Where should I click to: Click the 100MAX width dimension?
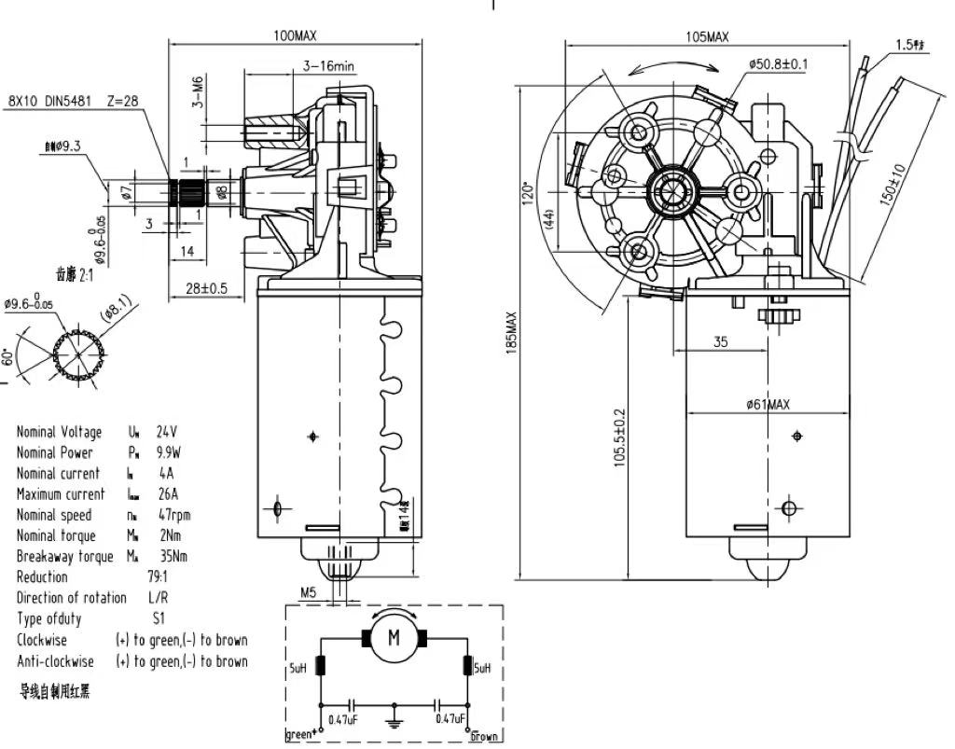tap(295, 35)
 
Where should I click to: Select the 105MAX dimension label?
tap(706, 37)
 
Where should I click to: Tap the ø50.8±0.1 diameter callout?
tap(778, 64)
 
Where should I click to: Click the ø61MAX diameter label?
tap(768, 405)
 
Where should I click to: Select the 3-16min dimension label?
tap(328, 66)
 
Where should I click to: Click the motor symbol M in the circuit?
tap(394, 638)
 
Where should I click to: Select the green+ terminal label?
tap(300, 734)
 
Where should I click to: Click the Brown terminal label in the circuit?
tap(483, 736)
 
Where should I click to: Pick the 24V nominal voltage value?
tap(166, 432)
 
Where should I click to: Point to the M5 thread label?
tap(309, 591)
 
